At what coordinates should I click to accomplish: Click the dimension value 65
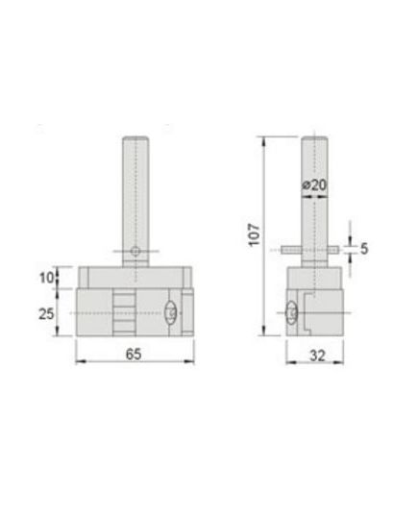click(134, 355)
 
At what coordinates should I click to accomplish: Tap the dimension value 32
click(317, 356)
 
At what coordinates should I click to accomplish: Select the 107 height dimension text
click(254, 235)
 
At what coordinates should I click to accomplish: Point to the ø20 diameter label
click(314, 185)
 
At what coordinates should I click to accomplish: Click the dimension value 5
click(364, 249)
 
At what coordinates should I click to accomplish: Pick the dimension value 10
click(46, 278)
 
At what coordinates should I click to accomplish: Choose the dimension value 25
click(46, 314)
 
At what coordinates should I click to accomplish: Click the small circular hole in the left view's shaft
click(135, 251)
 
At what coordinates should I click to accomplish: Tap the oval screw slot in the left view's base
click(170, 313)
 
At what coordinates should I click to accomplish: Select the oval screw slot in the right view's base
click(291, 312)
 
